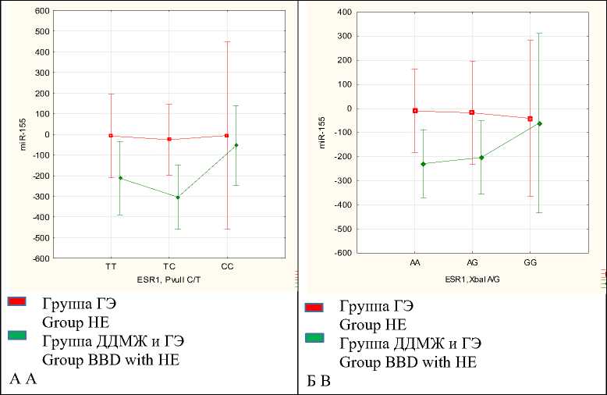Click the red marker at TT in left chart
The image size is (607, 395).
coord(111,136)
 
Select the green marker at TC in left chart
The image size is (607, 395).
coord(178,197)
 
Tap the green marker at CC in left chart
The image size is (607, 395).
coord(236,145)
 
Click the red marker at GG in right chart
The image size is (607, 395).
coord(531,119)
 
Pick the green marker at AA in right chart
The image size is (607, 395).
coord(423,164)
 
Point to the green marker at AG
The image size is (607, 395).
coord(481,158)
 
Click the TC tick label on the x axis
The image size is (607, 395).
coord(169,267)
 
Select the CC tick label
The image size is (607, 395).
coord(227,267)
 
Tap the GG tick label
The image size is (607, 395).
coord(531,263)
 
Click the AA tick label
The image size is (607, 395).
coord(415,263)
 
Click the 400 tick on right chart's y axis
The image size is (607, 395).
coord(344,12)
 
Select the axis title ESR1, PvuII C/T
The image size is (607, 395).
coord(169,277)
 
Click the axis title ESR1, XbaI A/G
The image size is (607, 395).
coord(472,278)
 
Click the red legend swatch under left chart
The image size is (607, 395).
coord(17,301)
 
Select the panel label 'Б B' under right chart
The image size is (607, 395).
coord(316,383)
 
